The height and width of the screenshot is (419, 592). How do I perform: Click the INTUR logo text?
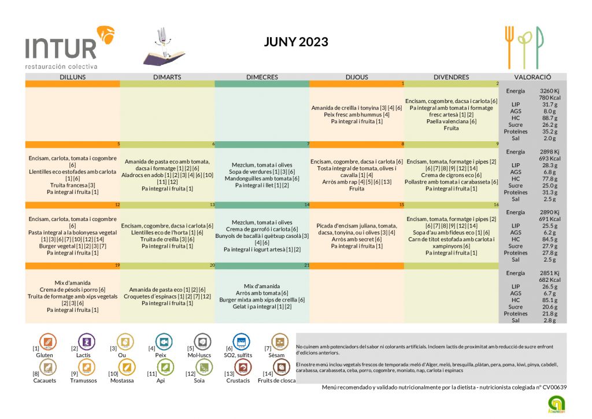pos(61,47)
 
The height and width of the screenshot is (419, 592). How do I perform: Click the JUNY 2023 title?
pos(296,42)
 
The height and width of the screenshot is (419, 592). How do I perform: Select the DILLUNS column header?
pos(72,77)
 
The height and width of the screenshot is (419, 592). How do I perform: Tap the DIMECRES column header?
pos(262,77)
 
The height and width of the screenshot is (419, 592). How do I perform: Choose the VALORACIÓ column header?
pos(532,77)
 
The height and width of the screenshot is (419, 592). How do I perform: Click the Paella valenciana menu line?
pos(451,122)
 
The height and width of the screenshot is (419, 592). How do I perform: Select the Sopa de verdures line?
pos(262,172)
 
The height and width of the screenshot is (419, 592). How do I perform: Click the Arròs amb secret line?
pos(357,239)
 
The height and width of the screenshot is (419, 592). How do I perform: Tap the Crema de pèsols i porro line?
pos(72,289)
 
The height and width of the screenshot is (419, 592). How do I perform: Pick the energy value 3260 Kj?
pos(549,91)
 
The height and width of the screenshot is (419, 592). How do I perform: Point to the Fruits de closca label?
pos(276,381)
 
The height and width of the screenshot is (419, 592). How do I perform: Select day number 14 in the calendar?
pos(307,205)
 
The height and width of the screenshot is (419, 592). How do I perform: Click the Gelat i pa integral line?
pos(262,307)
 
